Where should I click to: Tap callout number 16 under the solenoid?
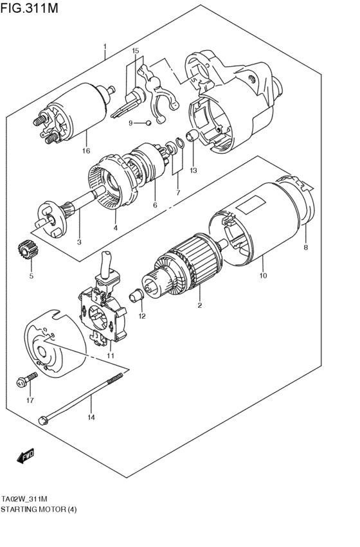click(86, 151)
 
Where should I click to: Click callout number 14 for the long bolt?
click(90, 418)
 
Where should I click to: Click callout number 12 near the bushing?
click(141, 316)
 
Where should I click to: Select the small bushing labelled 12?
click(135, 296)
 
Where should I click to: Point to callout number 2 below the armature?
click(200, 305)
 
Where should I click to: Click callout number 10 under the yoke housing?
click(262, 276)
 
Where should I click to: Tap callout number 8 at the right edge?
click(306, 247)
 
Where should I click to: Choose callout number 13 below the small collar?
click(193, 170)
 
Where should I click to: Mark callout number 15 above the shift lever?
click(135, 50)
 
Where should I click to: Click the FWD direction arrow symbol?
click(24, 458)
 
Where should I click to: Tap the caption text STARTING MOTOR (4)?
click(39, 508)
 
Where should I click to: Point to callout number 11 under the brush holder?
click(110, 355)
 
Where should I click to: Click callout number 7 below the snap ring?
click(178, 193)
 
